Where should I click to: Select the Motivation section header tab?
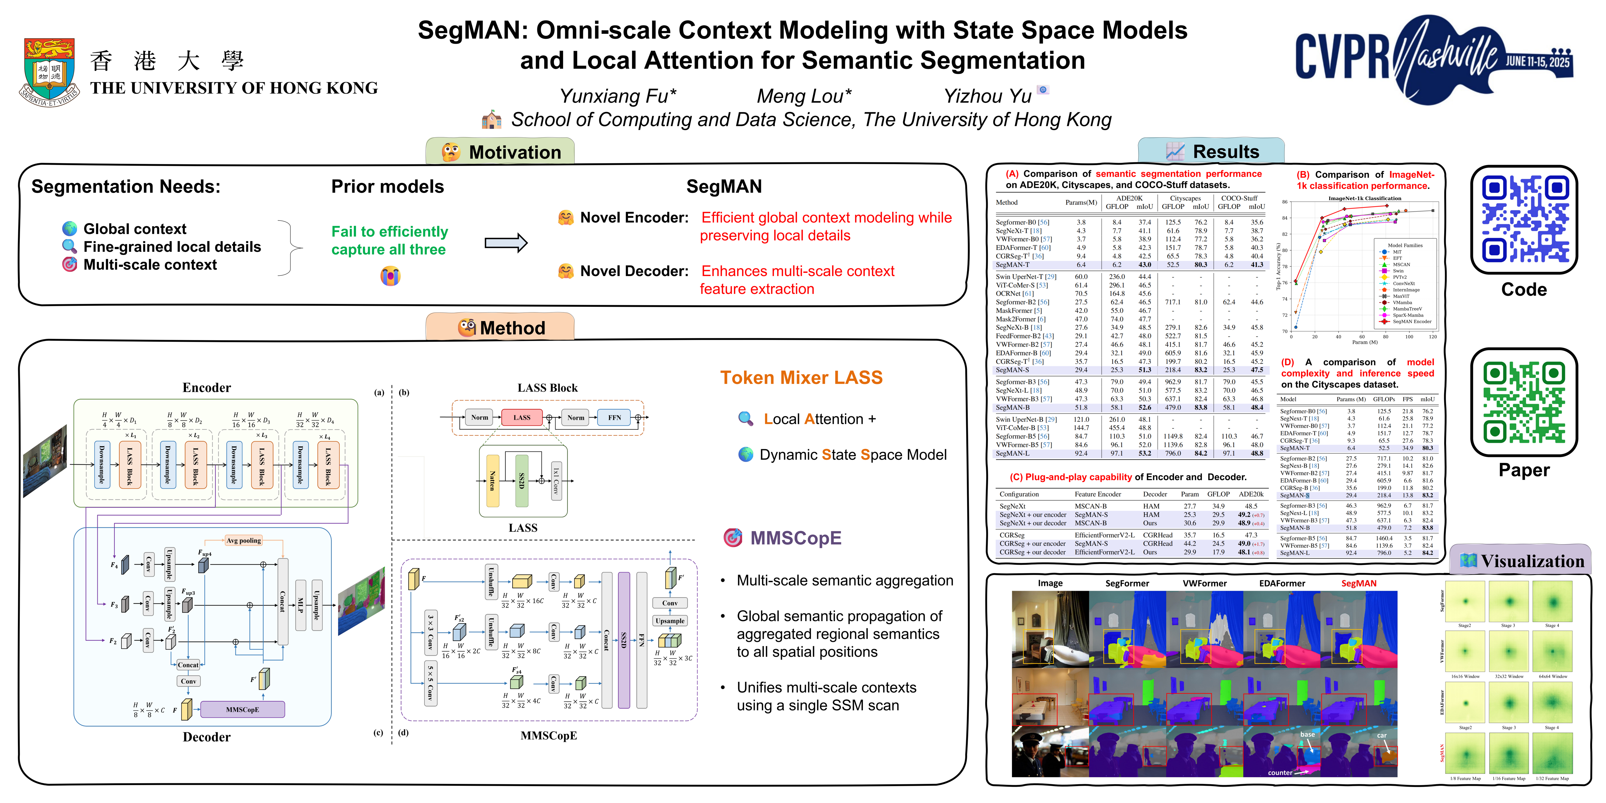[501, 152]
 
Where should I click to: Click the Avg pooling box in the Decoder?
[243, 540]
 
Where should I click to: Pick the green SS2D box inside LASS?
[522, 481]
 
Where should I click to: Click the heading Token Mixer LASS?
[801, 378]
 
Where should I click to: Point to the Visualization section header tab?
[1521, 561]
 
